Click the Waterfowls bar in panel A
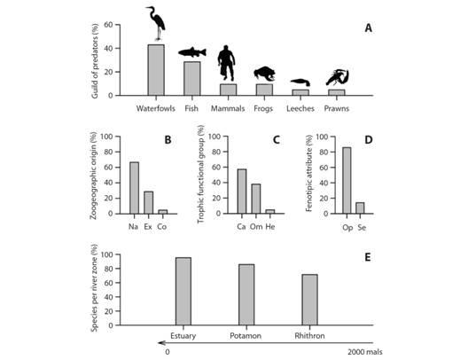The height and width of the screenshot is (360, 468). (x=156, y=69)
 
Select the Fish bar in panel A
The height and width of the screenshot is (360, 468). (x=191, y=78)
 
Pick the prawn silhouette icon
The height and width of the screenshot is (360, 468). (x=337, y=79)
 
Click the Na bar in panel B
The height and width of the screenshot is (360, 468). (x=134, y=188)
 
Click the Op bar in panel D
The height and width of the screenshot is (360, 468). (x=346, y=181)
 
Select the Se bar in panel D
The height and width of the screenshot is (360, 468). (x=360, y=207)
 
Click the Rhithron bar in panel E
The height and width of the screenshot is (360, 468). (x=308, y=300)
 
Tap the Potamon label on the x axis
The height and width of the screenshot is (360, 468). (x=246, y=335)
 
